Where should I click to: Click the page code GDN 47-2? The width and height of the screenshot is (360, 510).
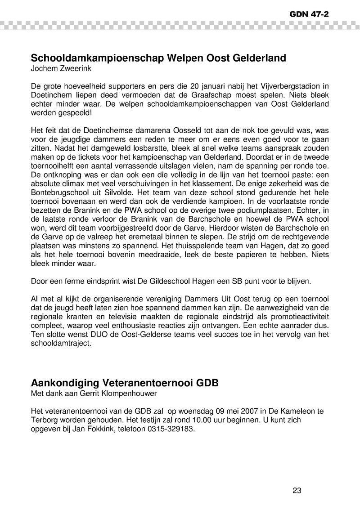(309, 14)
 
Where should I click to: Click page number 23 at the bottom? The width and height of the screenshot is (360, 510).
(297, 491)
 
